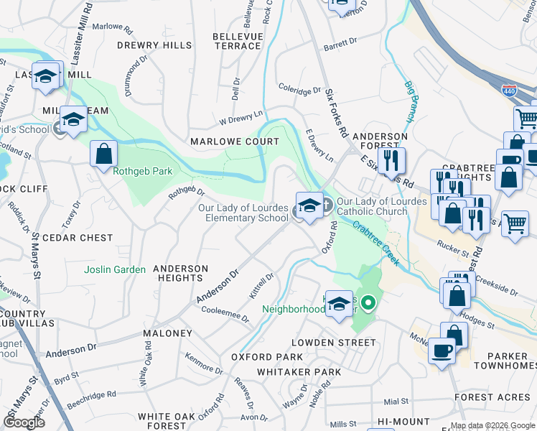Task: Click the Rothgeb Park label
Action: pos(133,171)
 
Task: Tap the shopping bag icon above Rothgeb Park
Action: pos(104,153)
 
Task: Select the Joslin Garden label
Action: pos(115,270)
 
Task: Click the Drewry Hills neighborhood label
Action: pos(155,45)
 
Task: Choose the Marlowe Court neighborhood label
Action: pos(234,142)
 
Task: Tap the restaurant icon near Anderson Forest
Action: pos(391,160)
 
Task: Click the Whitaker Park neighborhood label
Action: pos(299,372)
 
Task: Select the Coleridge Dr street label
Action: pos(300,91)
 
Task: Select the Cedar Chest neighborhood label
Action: pos(78,238)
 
